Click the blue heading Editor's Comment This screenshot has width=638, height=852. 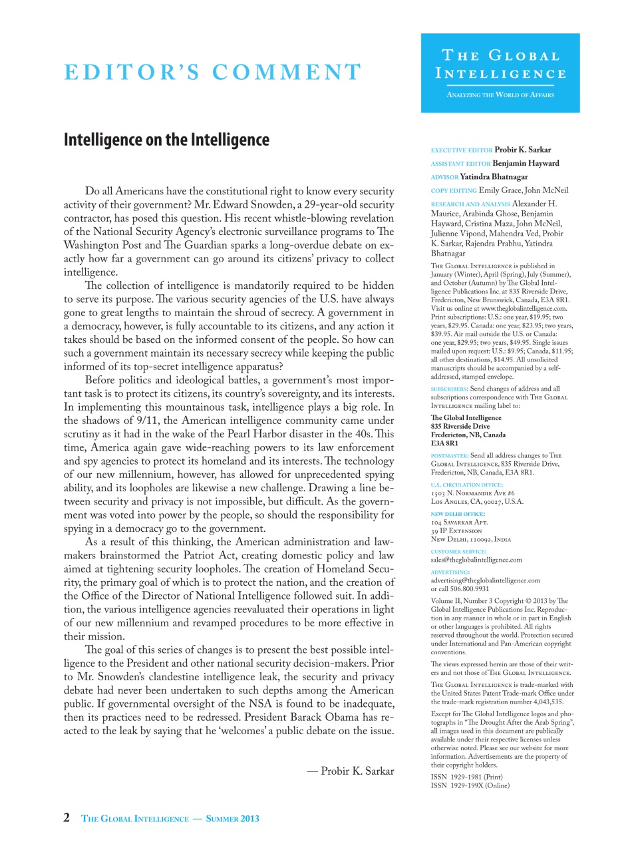(213, 72)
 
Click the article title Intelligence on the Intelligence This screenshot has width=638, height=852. (166, 140)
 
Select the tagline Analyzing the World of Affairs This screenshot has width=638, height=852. (500, 95)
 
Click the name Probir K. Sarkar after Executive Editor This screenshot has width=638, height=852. (522, 150)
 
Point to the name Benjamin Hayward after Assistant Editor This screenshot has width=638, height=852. (526, 163)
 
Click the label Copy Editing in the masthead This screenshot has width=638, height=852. (454, 190)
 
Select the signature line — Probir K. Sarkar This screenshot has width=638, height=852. (351, 771)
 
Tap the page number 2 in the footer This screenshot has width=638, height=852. (67, 818)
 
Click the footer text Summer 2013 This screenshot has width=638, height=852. (232, 819)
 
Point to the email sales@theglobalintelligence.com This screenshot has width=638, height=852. (476, 560)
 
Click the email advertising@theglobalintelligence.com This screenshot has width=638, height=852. (485, 580)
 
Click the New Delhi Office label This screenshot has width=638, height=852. (458, 514)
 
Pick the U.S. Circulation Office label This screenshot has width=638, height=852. (466, 485)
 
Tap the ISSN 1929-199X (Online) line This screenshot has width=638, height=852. (470, 785)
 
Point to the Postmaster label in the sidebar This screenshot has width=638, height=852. (450, 455)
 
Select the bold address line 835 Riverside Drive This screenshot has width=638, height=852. (460, 426)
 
